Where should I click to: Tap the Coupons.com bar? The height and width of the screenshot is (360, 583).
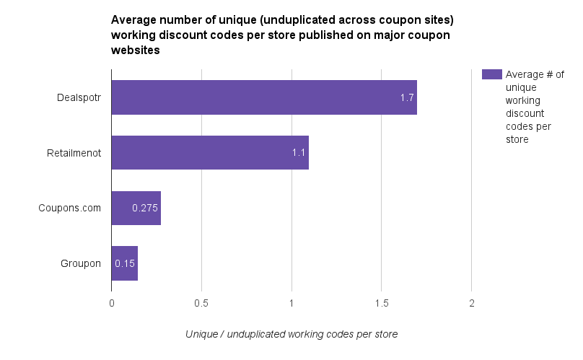coord(136,208)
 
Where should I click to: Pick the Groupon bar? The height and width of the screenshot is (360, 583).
coord(124,263)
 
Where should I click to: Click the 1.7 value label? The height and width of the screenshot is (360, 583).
coord(407,97)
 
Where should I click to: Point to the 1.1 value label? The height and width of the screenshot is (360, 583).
coord(299,153)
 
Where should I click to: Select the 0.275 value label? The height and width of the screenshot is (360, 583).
coord(145,208)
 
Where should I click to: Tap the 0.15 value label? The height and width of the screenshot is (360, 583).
coord(125,263)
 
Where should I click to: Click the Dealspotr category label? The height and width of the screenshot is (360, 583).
coord(79,97)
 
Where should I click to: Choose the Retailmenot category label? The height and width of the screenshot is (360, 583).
coord(74,153)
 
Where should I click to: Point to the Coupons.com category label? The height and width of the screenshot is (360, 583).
coord(70,208)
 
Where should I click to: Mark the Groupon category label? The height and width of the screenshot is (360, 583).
coord(80,263)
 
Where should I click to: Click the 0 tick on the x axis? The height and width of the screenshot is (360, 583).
coord(111,303)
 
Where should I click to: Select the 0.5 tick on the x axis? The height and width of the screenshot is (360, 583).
coord(201,303)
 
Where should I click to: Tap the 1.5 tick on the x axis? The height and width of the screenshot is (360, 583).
coord(382,303)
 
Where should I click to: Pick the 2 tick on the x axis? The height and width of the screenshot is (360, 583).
coord(471,303)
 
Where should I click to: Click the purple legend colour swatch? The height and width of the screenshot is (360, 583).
coord(491,74)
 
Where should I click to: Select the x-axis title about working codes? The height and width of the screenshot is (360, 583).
coord(291,334)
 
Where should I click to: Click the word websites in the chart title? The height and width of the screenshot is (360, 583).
coord(135,51)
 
